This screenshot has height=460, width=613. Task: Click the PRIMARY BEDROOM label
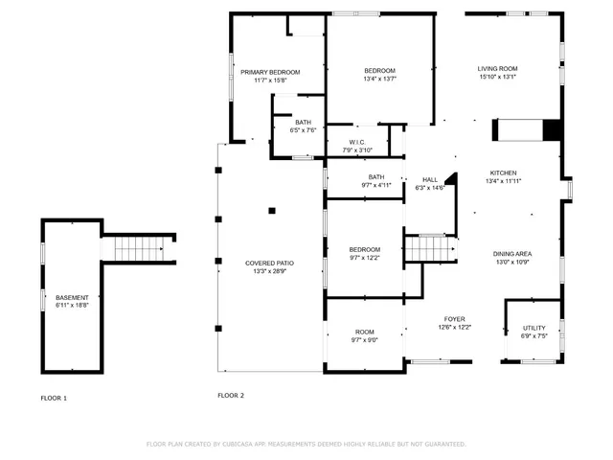pos(270,72)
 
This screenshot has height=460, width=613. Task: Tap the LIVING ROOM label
pos(498,69)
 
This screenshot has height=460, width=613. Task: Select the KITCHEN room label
pos(504,172)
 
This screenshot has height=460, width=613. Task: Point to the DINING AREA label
pos(513,253)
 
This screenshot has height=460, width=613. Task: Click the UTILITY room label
pos(534,328)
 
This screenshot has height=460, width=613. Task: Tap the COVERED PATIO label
pos(269,263)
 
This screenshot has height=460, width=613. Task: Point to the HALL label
pos(430,179)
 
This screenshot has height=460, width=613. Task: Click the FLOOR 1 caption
pos(54,397)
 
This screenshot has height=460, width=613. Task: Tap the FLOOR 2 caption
pos(231,395)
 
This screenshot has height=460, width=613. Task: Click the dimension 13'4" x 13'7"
pos(379,80)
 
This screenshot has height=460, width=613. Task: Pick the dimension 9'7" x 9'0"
pos(365,339)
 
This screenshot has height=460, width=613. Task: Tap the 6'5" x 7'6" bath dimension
pos(303,130)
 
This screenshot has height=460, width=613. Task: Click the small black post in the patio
pos(272,210)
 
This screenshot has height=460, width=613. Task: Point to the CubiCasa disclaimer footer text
pos(306,444)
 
